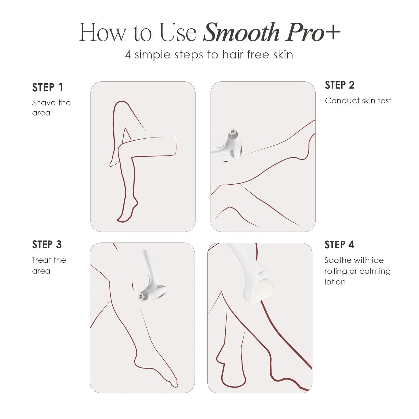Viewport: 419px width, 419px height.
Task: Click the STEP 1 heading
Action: [x=48, y=87]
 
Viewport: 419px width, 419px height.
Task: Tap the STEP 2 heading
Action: [x=340, y=85]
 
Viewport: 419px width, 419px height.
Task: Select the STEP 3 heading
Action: [x=47, y=245]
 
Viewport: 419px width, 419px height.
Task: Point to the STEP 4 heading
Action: [x=339, y=245]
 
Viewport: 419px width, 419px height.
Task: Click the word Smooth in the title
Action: [x=241, y=32]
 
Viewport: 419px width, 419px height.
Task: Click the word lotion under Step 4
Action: [x=335, y=282]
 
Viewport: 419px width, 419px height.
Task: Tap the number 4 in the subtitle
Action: [x=128, y=55]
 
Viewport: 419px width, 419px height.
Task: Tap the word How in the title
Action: [x=102, y=32]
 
